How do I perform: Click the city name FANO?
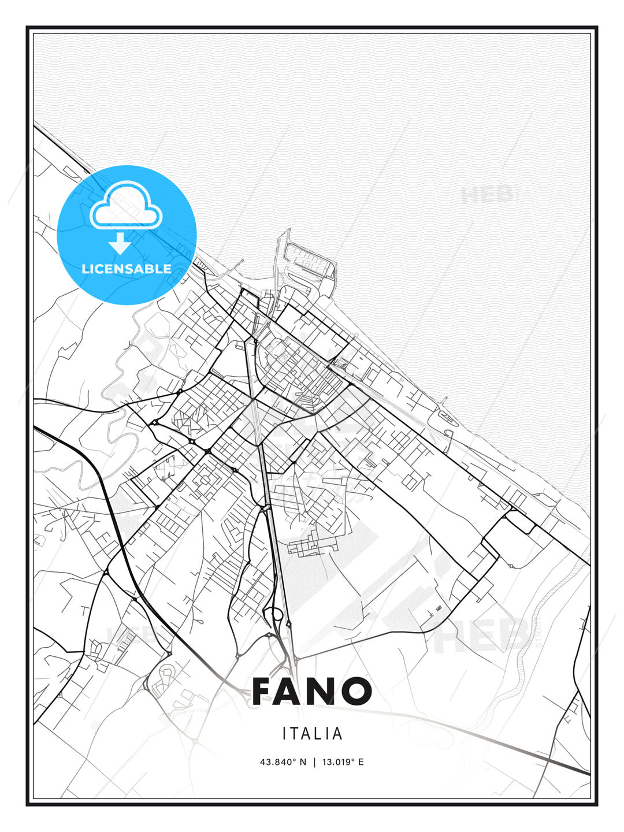312,691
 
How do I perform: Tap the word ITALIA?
313,734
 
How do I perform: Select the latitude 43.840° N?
283,762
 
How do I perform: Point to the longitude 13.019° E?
343,762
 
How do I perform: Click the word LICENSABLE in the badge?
127,269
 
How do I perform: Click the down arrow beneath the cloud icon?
120,244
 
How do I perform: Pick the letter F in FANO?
265,691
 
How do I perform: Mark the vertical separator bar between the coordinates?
314,762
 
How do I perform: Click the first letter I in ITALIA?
284,734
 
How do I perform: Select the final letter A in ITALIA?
339,734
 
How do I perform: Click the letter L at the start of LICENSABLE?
85,269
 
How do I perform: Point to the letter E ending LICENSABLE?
168,269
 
